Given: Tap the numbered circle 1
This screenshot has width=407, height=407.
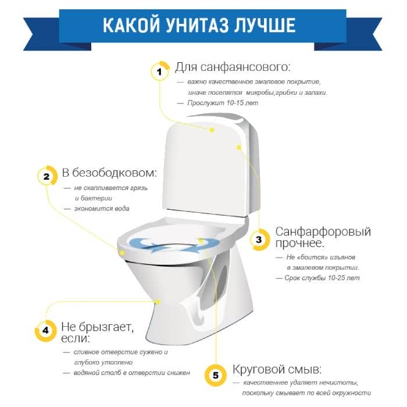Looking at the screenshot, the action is pos(160,72).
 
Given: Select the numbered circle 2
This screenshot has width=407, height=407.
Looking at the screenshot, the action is pos(47,176).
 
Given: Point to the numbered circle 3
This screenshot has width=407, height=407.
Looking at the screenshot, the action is pos(259,240).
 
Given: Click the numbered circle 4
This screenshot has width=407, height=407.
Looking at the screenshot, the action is pos(45,330).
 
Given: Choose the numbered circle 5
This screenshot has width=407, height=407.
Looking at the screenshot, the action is pos(216,376).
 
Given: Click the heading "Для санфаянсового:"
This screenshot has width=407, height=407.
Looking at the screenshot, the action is pos(233,67).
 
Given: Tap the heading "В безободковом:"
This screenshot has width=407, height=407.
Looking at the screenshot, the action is pos(109,173).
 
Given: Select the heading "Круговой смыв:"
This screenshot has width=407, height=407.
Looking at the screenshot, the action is pos(277,369).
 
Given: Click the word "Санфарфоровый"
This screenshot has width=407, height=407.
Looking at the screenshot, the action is pos(323,231).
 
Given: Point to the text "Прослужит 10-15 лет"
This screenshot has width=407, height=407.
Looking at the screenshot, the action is pos(223,103).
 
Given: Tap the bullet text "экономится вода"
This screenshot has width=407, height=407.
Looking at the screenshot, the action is pos(102,208).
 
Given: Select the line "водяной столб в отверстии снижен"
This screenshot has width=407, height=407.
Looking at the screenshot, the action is pos(132,373).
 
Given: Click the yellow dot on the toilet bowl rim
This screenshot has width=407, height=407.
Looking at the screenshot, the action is pos(122,252).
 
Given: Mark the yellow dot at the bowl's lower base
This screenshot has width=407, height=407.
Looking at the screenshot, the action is pos(158,302).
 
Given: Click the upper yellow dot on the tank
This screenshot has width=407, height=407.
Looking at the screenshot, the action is pos(212,130).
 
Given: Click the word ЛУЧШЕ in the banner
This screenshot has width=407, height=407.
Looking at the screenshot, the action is pos(265,25).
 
